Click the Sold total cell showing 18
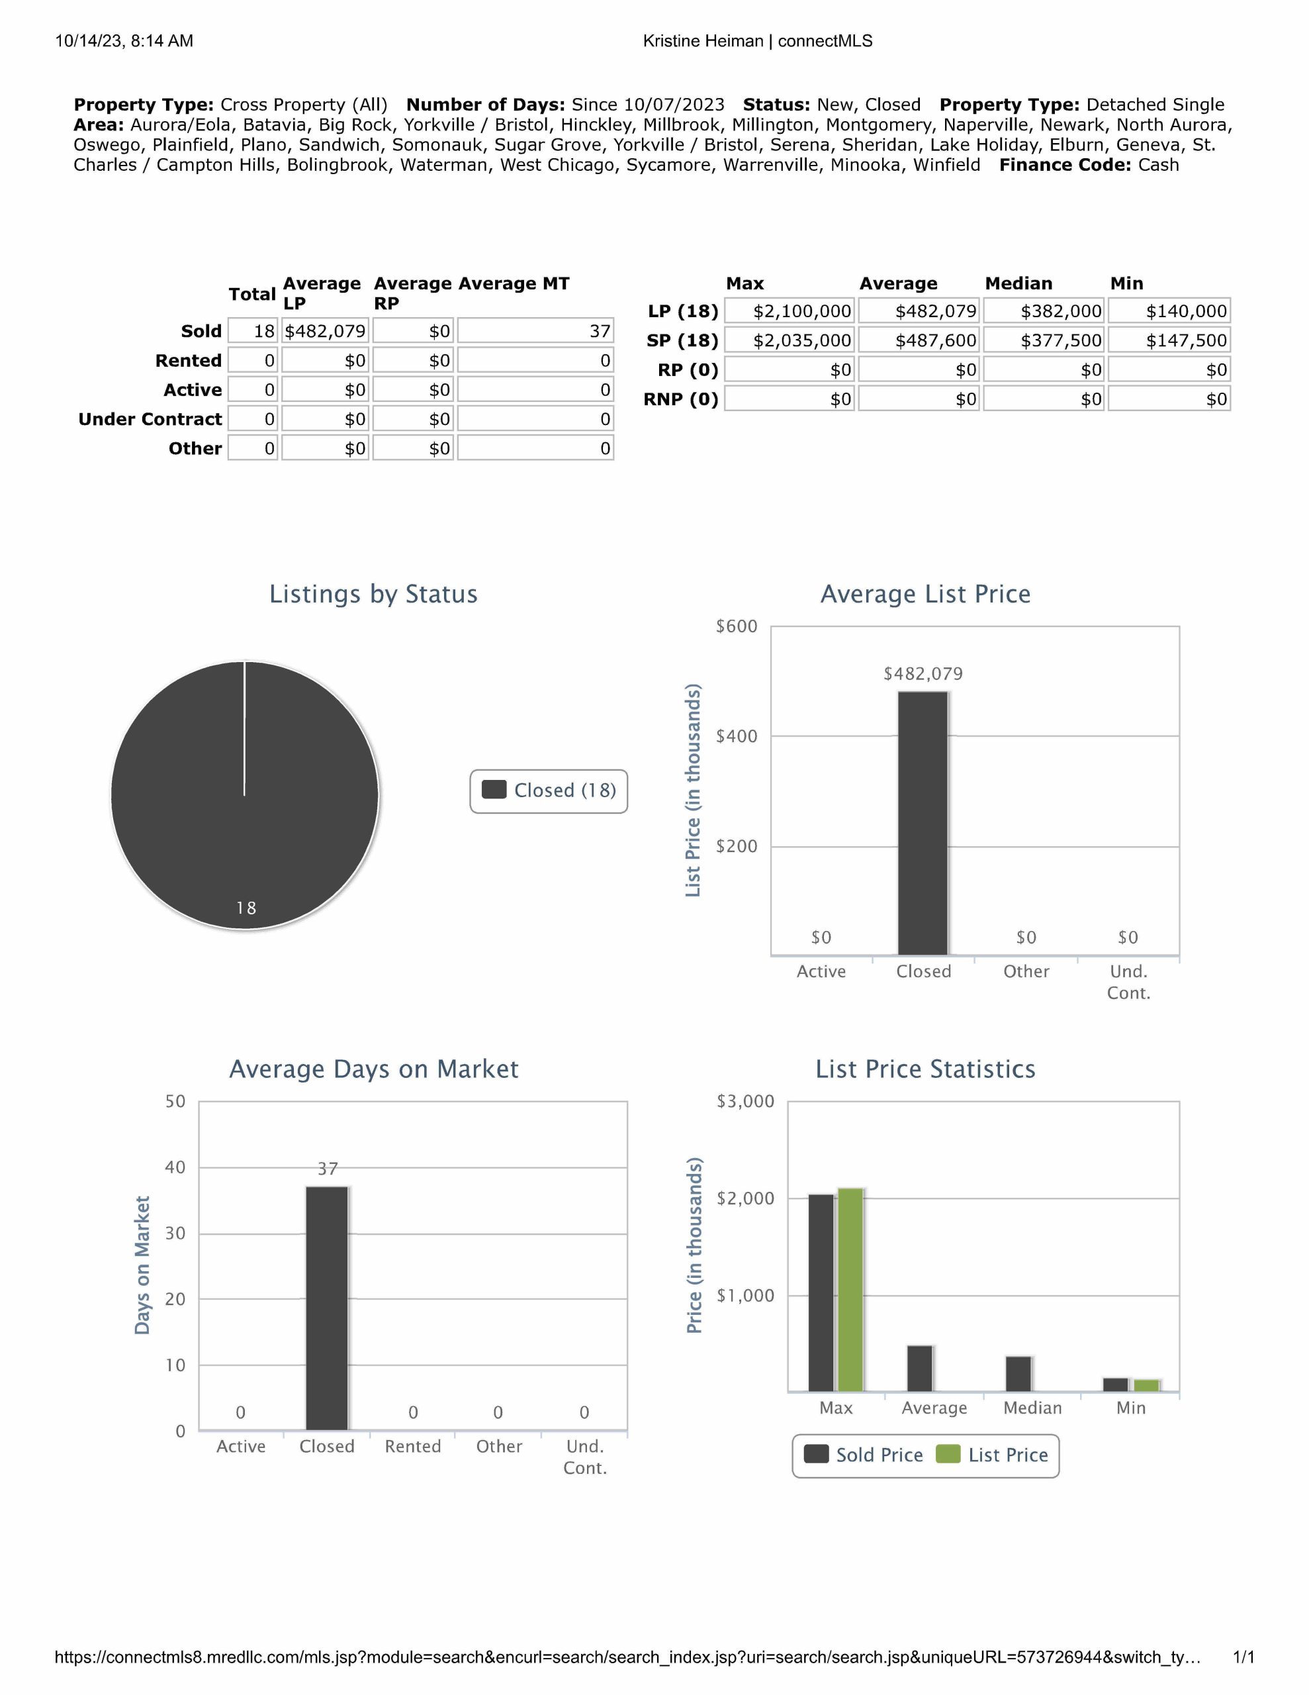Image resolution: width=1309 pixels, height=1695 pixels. point(252,332)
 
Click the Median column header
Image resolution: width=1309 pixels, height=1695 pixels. point(1018,283)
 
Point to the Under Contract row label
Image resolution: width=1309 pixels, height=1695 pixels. point(150,419)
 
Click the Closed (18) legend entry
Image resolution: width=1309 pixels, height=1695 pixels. point(549,790)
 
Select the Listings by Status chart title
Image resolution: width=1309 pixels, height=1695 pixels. point(373,594)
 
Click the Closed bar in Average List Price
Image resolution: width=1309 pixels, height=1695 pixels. point(923,822)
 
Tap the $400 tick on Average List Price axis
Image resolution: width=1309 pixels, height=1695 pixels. point(737,736)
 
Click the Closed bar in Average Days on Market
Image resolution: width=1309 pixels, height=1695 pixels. point(327,1308)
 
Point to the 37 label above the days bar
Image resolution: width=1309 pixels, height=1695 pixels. point(328,1169)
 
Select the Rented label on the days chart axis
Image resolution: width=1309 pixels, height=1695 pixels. point(413,1447)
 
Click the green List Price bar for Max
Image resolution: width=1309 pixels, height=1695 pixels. point(850,1289)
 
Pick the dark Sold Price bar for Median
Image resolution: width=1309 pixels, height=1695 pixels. point(1018,1374)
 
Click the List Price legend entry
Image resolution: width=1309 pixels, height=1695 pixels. point(993,1455)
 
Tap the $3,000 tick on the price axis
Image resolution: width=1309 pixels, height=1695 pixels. point(745,1101)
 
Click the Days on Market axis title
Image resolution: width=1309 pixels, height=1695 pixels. point(142,1265)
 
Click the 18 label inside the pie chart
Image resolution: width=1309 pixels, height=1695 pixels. point(246,908)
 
